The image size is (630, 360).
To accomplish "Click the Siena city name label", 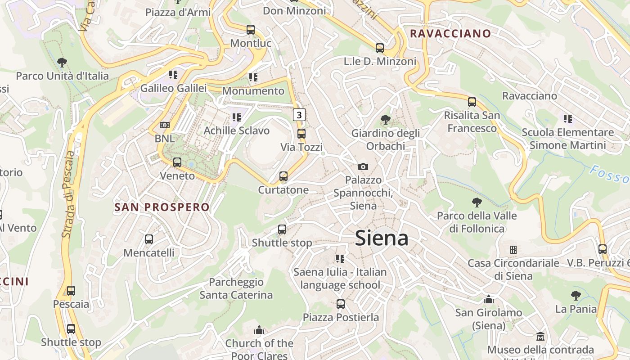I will (382, 238).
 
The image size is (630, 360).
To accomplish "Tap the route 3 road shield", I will (299, 115).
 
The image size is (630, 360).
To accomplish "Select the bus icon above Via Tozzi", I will (301, 134).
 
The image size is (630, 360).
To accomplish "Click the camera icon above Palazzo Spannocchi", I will (363, 166).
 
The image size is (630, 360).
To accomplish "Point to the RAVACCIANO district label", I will (450, 33).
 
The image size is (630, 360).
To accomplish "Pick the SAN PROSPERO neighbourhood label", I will (162, 207).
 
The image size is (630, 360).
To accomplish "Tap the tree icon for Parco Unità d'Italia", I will (62, 63).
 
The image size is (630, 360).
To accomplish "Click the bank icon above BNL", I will (165, 125).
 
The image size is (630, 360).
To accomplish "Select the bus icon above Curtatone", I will (283, 176).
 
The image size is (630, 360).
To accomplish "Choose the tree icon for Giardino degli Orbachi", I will (385, 120).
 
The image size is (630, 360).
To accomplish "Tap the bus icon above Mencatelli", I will (149, 239).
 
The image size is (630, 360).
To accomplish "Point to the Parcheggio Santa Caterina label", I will (236, 288).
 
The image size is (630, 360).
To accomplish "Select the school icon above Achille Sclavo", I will (236, 117).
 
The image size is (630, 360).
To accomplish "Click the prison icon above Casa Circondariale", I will (513, 249).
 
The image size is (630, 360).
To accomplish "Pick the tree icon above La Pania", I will (576, 296).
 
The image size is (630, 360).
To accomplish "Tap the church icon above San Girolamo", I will (488, 299).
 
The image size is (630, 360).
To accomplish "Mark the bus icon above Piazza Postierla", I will (341, 304).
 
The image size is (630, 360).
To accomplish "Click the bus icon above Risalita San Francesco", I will (472, 102).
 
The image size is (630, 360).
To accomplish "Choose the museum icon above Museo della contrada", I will (540, 336).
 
